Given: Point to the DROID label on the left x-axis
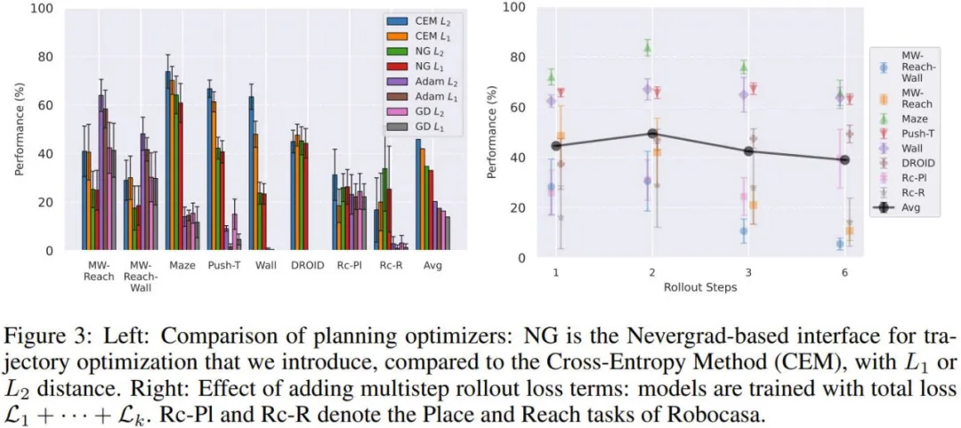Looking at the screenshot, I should tap(304, 265).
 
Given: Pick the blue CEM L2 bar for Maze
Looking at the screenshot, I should tap(167, 161).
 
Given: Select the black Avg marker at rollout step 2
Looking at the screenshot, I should tap(652, 133).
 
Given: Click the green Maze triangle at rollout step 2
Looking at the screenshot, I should tap(648, 49).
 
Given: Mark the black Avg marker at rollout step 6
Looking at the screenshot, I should tap(844, 160).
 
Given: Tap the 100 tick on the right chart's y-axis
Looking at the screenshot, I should tap(516, 7).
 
